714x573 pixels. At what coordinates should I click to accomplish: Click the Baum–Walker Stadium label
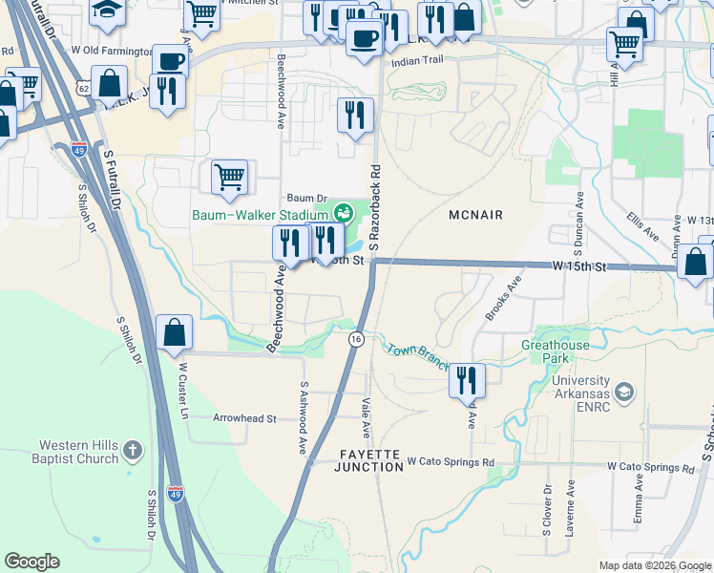click(261, 215)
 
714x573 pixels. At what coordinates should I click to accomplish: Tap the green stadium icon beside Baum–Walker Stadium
click(342, 211)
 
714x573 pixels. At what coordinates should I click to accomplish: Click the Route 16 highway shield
click(355, 339)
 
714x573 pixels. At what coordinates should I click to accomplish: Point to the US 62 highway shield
click(83, 89)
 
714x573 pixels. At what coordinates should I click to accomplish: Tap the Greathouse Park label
click(556, 351)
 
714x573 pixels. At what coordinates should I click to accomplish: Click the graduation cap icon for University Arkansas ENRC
click(623, 392)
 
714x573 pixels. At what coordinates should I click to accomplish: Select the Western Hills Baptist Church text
click(78, 452)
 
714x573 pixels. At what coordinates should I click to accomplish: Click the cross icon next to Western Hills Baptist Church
click(133, 448)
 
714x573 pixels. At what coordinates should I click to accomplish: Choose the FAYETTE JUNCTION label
click(368, 459)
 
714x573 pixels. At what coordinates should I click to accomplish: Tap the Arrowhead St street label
click(244, 418)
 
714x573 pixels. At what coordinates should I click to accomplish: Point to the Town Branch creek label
click(417, 352)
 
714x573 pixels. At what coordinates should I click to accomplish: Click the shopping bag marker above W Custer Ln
click(176, 333)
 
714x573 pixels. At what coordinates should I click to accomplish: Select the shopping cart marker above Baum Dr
click(230, 177)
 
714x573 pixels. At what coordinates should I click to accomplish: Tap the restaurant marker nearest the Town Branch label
click(466, 380)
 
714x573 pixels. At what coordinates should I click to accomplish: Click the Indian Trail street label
click(418, 61)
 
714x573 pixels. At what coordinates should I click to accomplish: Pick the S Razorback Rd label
click(375, 205)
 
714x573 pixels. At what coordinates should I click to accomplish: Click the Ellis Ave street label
click(642, 229)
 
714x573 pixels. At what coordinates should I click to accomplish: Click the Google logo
click(32, 562)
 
